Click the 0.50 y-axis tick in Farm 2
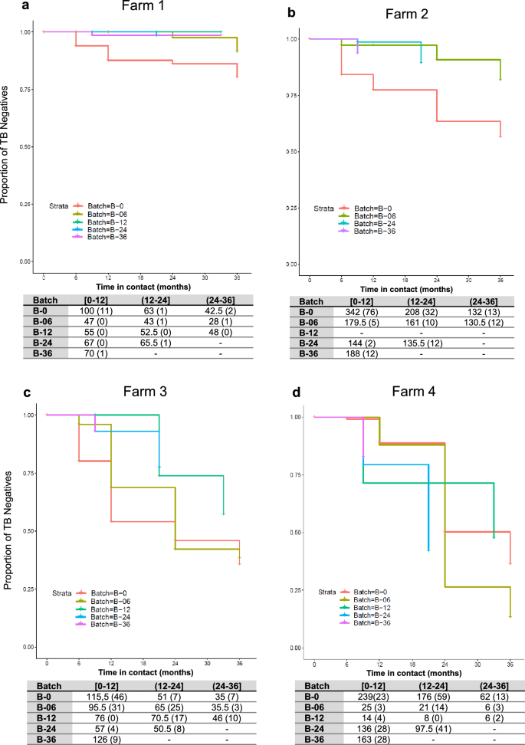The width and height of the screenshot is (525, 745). coord(292,151)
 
